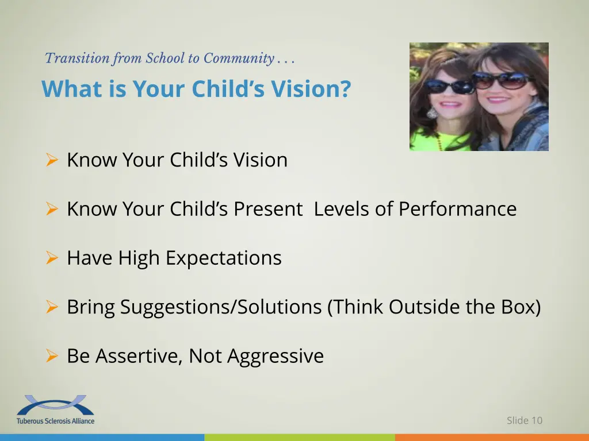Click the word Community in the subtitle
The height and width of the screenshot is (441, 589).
[238, 58]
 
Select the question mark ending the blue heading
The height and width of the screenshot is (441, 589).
[345, 89]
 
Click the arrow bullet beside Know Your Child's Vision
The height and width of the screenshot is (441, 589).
[51, 160]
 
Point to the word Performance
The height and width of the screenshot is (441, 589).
[457, 209]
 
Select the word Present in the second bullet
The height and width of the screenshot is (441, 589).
[267, 209]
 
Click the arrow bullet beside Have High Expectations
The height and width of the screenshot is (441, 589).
[51, 258]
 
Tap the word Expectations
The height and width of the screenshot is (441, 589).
[223, 258]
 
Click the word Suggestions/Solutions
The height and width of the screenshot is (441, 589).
[221, 307]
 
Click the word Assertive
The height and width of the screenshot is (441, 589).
[139, 356]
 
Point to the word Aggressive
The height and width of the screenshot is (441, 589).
[276, 357]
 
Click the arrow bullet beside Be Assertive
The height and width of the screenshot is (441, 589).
[51, 357]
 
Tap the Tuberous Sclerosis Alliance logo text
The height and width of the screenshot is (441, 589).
[55, 420]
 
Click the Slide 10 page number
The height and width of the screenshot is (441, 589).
[524, 420]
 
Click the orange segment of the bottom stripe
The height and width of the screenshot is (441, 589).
[492, 438]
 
